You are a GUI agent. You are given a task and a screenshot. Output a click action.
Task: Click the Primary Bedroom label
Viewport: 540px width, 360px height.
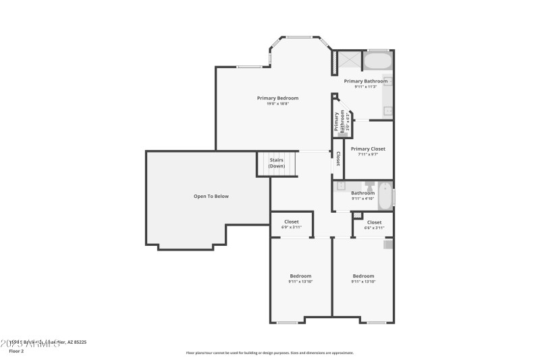(277, 98)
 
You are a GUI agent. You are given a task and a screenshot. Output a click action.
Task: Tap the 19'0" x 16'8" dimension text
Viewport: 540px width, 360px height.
(277, 103)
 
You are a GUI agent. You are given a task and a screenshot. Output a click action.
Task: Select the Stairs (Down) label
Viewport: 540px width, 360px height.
(277, 163)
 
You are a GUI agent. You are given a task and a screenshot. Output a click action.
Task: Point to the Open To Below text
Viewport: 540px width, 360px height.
(211, 196)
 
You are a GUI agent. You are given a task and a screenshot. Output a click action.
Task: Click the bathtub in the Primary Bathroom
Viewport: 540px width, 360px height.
(378, 61)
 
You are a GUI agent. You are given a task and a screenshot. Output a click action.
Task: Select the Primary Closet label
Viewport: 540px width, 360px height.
(368, 149)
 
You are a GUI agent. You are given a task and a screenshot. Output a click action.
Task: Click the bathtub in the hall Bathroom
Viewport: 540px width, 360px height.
(384, 196)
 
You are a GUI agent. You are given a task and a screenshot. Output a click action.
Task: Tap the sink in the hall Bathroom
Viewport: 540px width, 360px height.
(341, 185)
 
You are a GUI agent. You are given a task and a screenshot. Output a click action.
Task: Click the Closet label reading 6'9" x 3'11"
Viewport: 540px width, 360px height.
(292, 222)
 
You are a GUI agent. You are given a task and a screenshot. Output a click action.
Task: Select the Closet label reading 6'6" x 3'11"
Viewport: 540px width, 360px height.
(374, 222)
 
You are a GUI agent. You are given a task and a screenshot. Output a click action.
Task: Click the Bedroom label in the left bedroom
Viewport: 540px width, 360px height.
(300, 276)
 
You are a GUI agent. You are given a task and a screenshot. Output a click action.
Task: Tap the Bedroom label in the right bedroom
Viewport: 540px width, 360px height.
(363, 276)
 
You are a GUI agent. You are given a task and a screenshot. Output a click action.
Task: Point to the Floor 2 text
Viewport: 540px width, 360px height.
(16, 351)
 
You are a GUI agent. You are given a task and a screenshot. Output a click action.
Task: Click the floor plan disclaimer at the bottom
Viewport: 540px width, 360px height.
(269, 353)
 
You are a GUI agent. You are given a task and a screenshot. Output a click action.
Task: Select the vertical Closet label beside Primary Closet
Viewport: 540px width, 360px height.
(338, 159)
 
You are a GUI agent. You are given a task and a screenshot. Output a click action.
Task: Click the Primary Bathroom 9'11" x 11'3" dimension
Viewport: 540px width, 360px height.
(366, 86)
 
